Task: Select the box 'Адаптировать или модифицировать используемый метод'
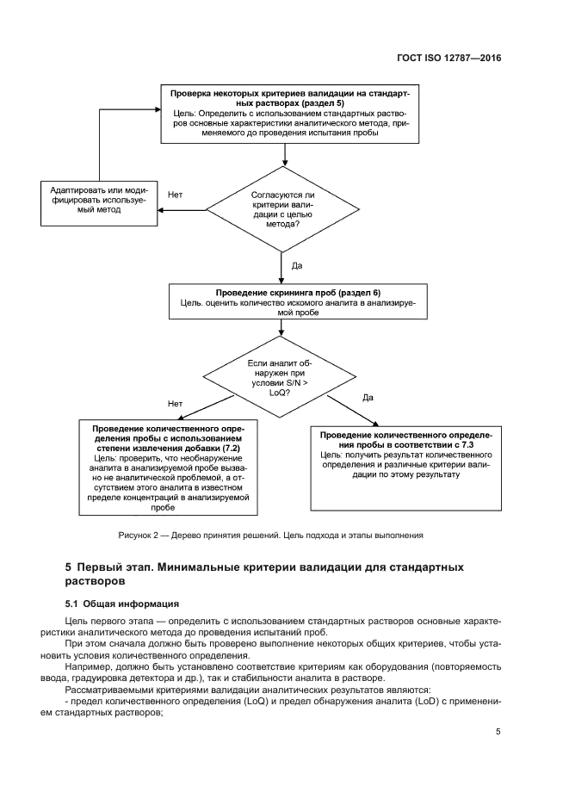click(99, 203)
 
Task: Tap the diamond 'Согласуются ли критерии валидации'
click(281, 208)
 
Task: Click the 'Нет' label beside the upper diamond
click(175, 195)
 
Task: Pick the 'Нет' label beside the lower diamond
click(175, 403)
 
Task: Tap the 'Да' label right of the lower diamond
click(368, 397)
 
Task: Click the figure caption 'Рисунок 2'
click(139, 536)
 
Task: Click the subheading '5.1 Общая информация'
click(122, 604)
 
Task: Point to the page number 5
click(498, 732)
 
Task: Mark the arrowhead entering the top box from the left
click(157, 109)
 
